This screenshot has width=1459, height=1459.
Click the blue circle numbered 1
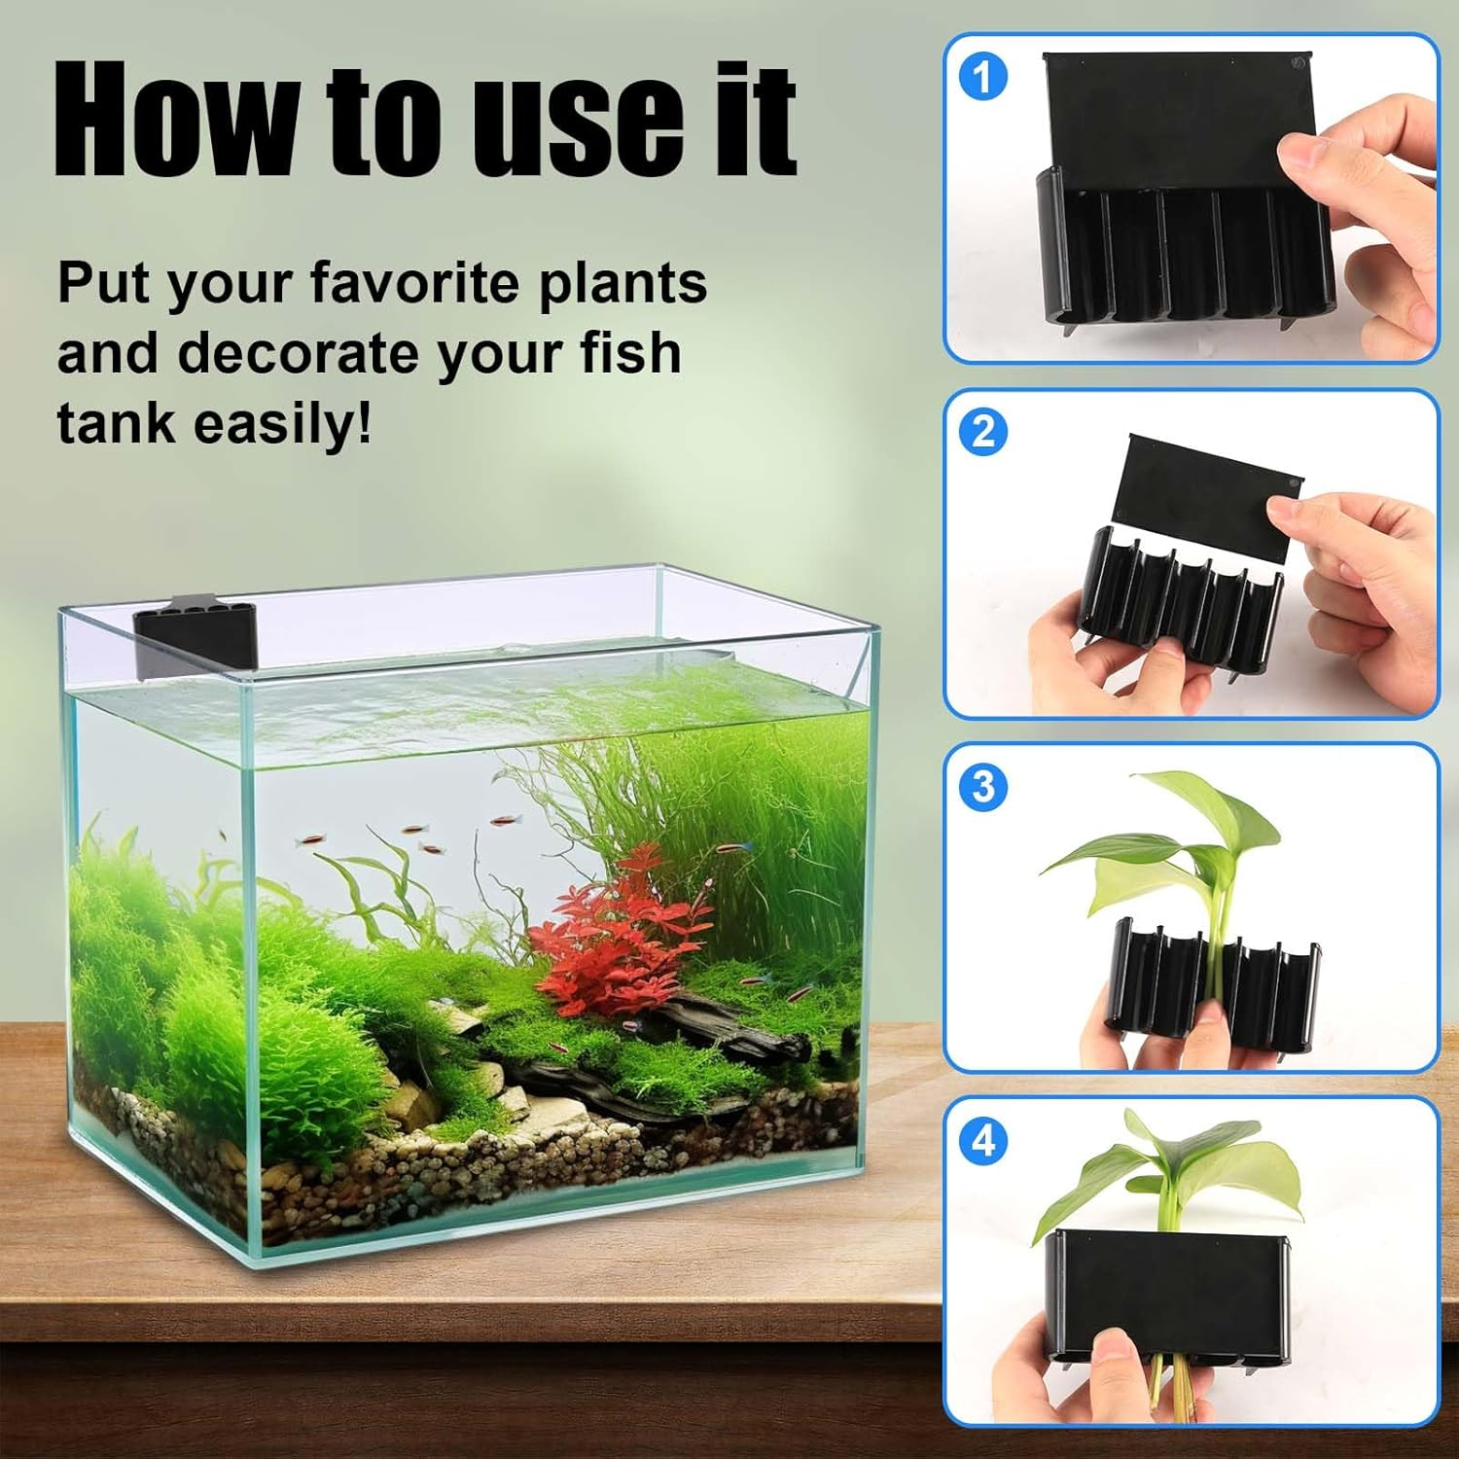pyautogui.click(x=983, y=78)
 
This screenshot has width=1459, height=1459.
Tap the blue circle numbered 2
pyautogui.click(x=983, y=432)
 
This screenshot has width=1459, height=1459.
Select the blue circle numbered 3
pyautogui.click(x=983, y=786)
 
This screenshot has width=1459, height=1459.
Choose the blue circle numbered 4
pyautogui.click(x=983, y=1140)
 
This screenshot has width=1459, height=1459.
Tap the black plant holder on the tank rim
pyautogui.click(x=195, y=637)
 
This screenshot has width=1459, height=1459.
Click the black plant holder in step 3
pyautogui.click(x=1216, y=982)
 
